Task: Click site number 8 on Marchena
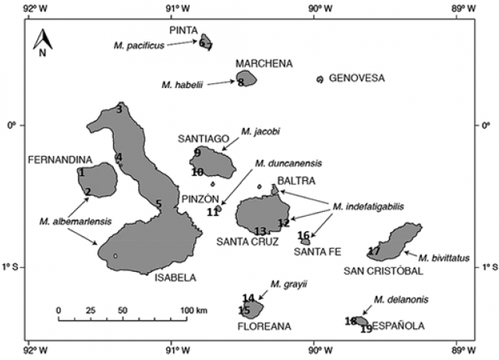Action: click(241, 82)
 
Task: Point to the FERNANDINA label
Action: click(55, 159)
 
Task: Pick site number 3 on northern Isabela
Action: click(119, 110)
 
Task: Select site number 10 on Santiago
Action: click(197, 172)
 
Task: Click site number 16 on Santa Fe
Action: click(304, 235)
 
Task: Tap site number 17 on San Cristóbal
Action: click(374, 251)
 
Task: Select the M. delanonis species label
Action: click(395, 299)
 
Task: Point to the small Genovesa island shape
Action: click(320, 79)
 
